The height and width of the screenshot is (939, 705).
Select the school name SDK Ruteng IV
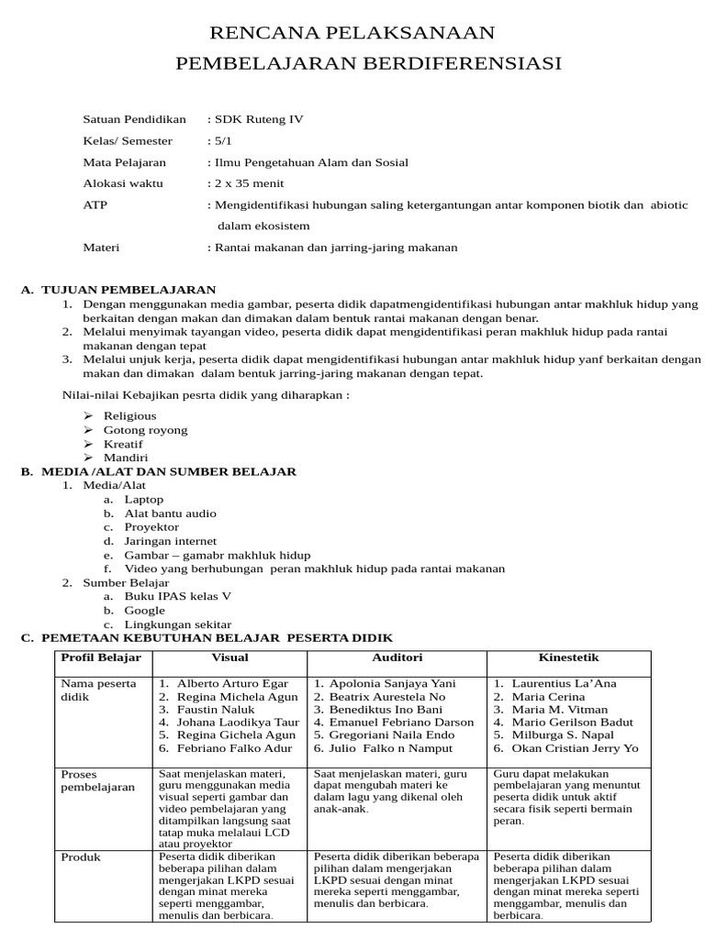tap(258, 119)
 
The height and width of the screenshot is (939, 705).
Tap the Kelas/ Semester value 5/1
tap(222, 141)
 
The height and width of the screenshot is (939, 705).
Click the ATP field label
tap(95, 204)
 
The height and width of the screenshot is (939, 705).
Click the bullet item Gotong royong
tap(145, 429)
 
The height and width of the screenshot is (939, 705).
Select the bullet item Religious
tap(129, 415)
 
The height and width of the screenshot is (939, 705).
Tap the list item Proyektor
tap(151, 527)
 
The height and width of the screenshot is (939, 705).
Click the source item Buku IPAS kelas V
tap(178, 596)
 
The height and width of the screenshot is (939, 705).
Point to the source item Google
tap(144, 610)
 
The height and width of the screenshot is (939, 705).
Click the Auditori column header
tap(397, 657)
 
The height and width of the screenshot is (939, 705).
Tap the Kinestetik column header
tap(568, 657)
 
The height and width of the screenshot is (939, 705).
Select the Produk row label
tap(81, 857)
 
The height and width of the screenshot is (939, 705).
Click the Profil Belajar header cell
tap(101, 657)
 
